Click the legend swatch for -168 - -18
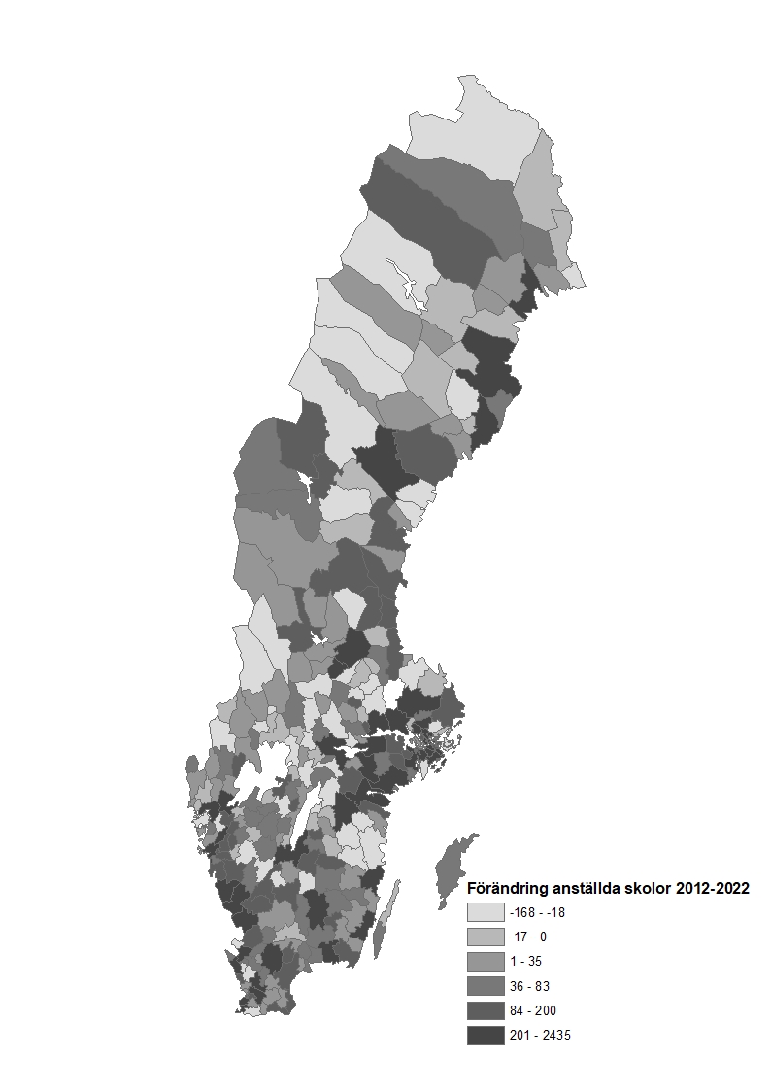486,912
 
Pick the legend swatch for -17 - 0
486,937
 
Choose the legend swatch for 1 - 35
486,962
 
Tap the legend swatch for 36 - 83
486,986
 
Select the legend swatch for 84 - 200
486,1010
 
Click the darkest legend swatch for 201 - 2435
486,1036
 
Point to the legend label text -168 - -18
537,912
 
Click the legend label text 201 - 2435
540,1036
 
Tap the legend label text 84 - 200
532,1010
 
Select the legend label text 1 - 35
524,962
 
